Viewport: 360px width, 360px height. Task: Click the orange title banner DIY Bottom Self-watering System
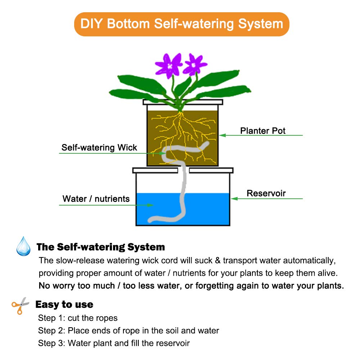181,24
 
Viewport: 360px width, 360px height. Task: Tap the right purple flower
194,64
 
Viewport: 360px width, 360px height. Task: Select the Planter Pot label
263,131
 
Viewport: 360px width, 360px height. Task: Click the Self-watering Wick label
99,147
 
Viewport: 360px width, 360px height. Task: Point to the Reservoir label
266,193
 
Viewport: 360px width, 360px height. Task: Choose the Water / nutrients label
96,199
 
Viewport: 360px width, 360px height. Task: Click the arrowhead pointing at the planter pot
222,135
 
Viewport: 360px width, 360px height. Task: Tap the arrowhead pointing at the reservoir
234,199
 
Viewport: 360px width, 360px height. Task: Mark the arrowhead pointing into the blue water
150,205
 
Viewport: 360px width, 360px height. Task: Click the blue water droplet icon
23,246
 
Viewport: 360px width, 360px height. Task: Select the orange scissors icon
20,306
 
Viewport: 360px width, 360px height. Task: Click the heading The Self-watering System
100,247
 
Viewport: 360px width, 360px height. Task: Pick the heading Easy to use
64,305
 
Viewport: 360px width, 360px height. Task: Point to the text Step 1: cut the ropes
78,318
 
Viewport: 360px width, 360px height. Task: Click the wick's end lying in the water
150,220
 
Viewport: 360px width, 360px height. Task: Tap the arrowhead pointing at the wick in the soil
163,153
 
